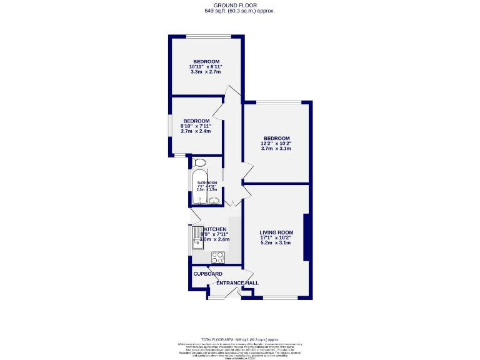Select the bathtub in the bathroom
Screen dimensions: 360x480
[199, 186]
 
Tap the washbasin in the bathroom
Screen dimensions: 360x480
[214, 201]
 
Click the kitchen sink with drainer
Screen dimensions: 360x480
[196, 238]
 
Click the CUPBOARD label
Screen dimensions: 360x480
[207, 274]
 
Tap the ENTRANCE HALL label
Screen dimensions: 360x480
[237, 283]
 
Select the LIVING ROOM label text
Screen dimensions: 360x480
[276, 232]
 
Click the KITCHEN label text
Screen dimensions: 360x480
[215, 229]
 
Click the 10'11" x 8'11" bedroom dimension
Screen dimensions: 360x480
[206, 67]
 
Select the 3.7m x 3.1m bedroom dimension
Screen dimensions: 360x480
[276, 149]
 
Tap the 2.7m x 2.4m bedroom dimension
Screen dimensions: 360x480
[196, 131]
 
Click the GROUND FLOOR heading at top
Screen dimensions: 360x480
[239, 5]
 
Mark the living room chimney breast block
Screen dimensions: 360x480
[306, 237]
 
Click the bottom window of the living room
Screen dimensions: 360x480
[279, 297]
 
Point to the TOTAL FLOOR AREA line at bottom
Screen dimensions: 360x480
[239, 338]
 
